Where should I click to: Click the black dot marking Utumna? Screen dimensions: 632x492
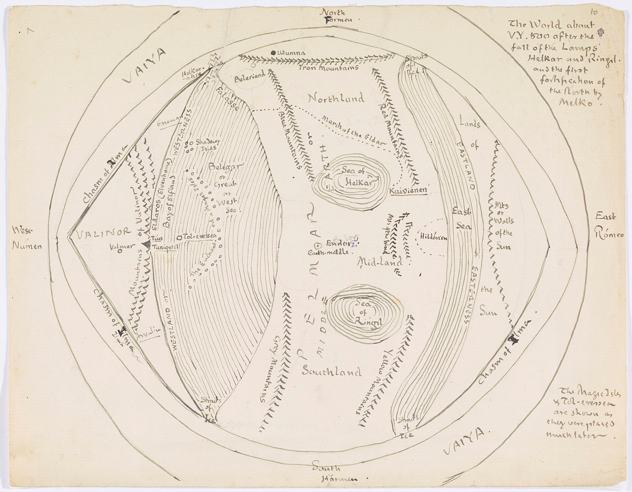coord(273,53)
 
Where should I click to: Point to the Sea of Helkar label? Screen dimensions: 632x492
coord(354,178)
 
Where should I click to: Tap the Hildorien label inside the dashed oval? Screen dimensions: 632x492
coord(434,237)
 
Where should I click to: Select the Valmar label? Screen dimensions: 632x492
coord(120,248)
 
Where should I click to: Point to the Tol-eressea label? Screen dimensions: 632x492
coord(196,236)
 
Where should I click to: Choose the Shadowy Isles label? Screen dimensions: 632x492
coord(207,144)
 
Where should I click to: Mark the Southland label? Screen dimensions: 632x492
coord(331,371)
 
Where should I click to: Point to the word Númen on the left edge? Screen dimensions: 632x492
coord(27,246)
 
